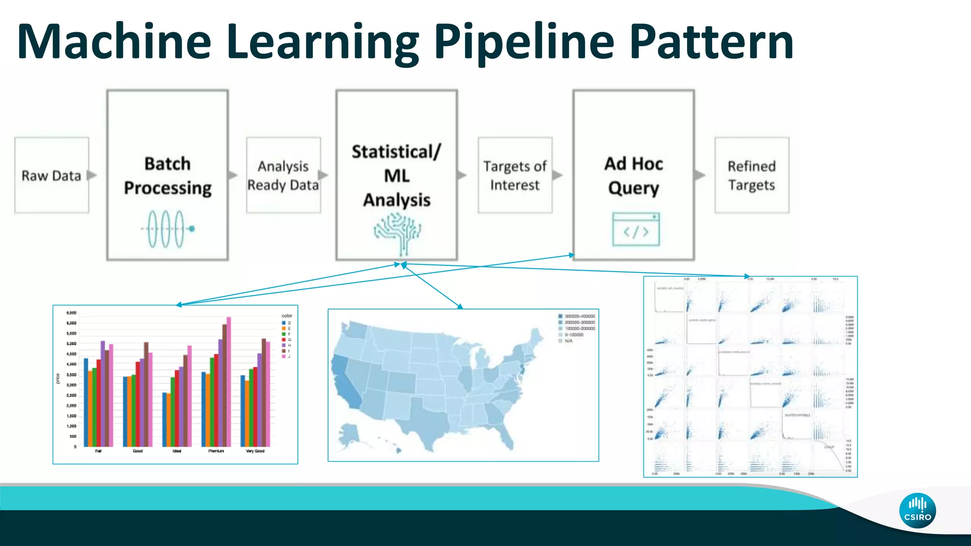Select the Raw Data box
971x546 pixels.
tap(52, 175)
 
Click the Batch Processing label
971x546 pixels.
tap(167, 176)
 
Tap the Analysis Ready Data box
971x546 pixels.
tap(283, 175)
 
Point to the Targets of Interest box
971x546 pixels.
tap(515, 175)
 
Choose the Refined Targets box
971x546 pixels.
tap(751, 175)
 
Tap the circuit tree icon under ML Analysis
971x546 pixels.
tap(397, 232)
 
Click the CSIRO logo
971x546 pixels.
tap(917, 511)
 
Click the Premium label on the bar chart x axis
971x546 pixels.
tap(216, 451)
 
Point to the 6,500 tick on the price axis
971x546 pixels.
tap(72, 313)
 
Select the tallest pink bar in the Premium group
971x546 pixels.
tap(229, 382)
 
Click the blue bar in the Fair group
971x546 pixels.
tap(86, 402)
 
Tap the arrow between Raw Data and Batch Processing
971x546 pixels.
tap(92, 175)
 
